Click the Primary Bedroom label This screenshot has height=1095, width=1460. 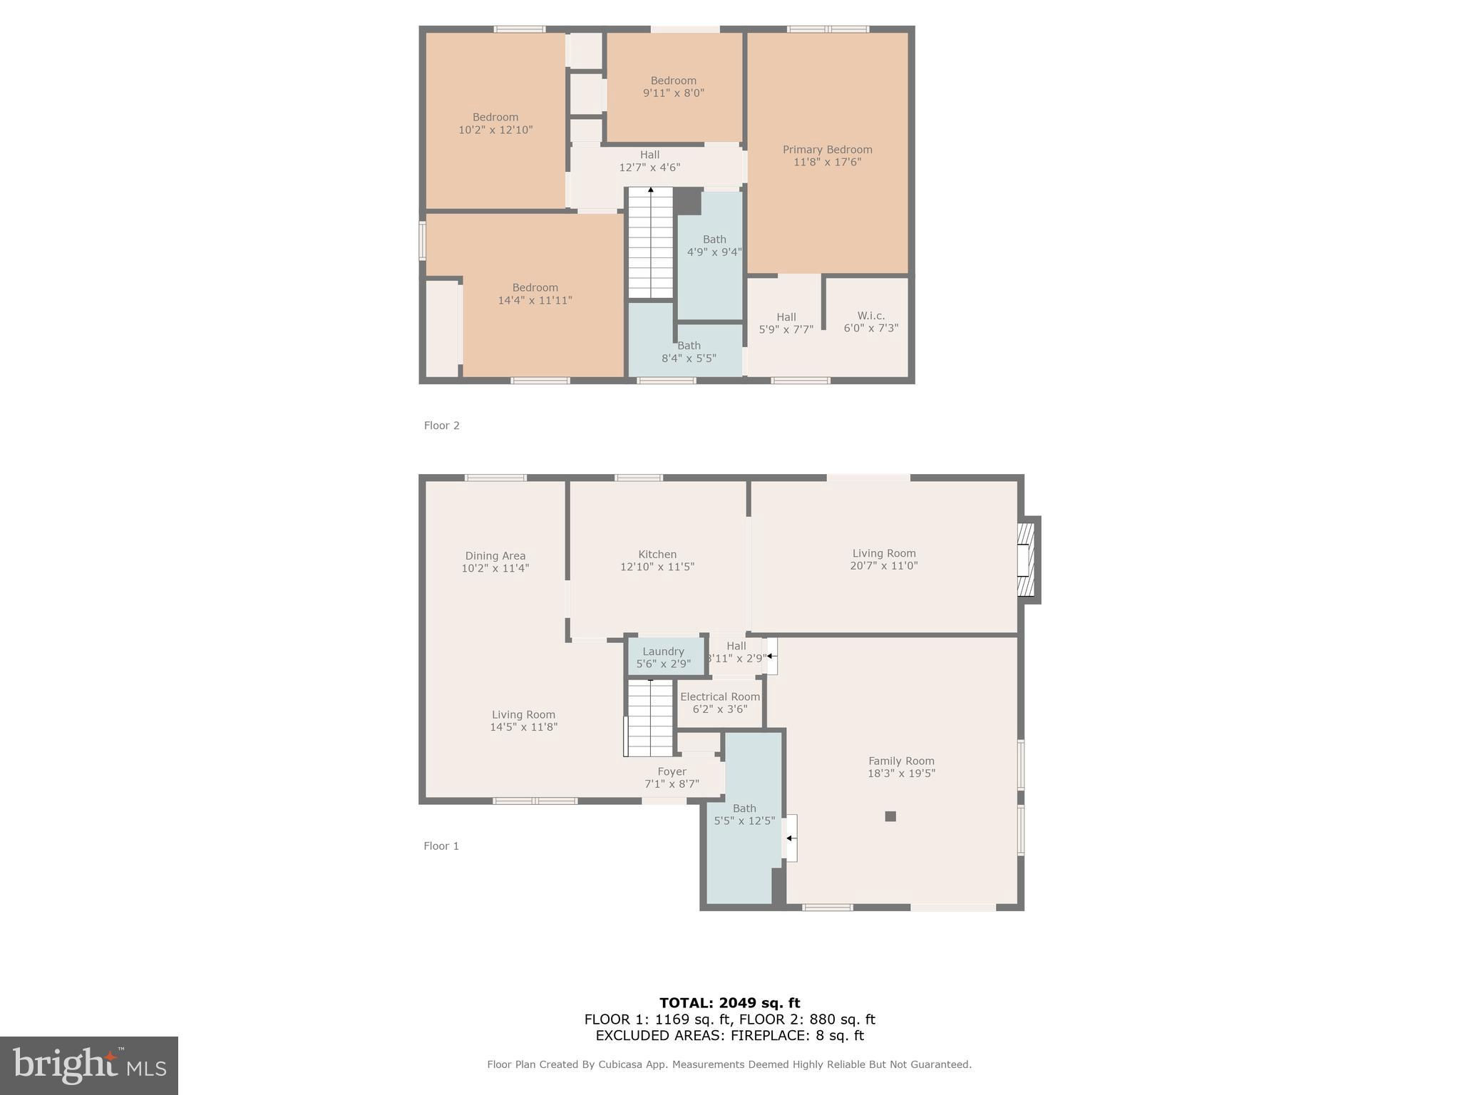pos(827,155)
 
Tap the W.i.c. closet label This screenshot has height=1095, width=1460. pos(870,322)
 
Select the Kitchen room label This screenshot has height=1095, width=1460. pos(657,560)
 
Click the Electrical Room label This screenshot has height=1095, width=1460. pos(720,702)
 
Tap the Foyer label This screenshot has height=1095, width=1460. pos(672,777)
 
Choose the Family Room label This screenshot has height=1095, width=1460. pos(901,766)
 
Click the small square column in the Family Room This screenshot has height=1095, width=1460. pos(890,816)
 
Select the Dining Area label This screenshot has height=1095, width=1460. pos(495,562)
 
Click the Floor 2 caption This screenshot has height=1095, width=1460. pos(441,426)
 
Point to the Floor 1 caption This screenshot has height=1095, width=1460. pos(441,846)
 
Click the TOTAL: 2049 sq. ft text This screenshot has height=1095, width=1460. pos(729,1003)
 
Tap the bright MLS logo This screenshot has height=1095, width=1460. pos(89,1065)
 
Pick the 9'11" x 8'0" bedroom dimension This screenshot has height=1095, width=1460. pos(673,93)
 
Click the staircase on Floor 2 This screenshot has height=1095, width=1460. pos(650,242)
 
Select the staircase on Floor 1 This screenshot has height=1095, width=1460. pos(649,717)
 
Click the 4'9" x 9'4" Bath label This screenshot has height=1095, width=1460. pos(714,246)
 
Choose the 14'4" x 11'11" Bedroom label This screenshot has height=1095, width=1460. pos(535,294)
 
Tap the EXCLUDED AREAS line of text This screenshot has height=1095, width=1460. pos(729,1036)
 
